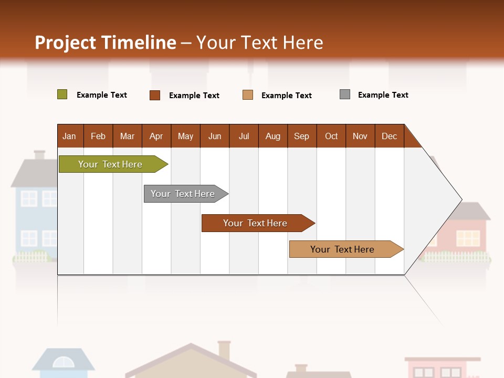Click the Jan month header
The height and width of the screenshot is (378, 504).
(69, 136)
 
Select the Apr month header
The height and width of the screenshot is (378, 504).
(156, 136)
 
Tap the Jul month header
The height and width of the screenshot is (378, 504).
(244, 136)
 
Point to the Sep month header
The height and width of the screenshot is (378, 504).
(301, 136)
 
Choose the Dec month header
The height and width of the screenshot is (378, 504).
(389, 136)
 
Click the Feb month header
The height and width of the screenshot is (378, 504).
(98, 136)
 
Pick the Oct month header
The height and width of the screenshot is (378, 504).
(331, 136)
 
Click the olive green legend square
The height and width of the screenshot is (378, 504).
(62, 94)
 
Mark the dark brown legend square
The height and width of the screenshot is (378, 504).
(154, 95)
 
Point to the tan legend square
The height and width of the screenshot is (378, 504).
(247, 95)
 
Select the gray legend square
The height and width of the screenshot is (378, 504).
(344, 94)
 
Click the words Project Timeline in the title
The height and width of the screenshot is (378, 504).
(105, 43)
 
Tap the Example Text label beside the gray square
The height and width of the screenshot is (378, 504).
(383, 95)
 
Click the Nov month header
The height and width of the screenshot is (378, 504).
(360, 136)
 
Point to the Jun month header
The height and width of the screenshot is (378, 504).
(214, 136)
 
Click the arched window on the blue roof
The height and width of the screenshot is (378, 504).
(63, 362)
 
